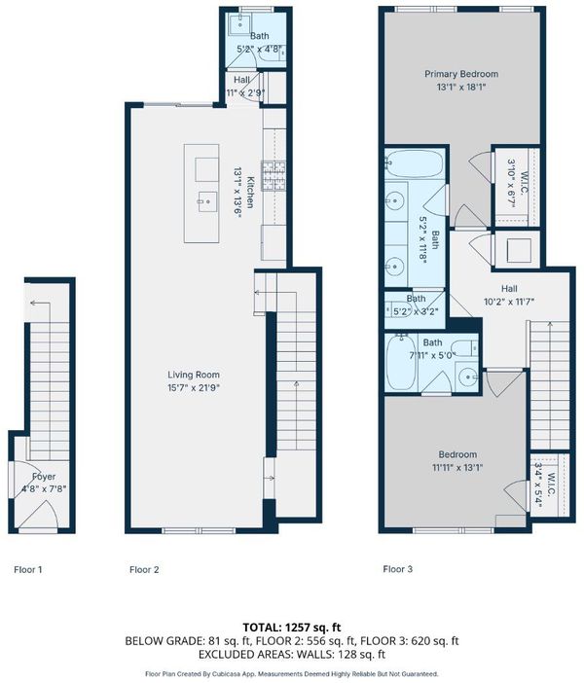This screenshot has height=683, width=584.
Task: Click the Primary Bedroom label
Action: pos(461,74)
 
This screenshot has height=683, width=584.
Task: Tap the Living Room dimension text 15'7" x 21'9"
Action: pos(193,387)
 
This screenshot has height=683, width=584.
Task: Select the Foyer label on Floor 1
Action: pos(44,477)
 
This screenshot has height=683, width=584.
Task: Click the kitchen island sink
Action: pos(207,201)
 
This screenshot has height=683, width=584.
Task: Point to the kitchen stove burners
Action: pos(274,175)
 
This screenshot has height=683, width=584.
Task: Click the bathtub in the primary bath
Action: pos(415,163)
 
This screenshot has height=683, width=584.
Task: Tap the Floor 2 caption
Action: pos(144,569)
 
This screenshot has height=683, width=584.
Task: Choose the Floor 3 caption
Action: pos(397,568)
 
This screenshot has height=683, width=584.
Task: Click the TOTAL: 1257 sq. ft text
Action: pos(292,628)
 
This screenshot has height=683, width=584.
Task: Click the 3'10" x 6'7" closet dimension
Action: pos(511,183)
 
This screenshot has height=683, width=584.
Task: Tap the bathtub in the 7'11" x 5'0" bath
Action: pos(401,363)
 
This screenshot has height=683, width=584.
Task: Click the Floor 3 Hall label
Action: pos(509,288)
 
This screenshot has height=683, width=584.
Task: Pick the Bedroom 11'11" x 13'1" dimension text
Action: pos(457,467)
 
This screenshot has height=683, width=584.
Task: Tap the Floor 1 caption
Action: pos(28,569)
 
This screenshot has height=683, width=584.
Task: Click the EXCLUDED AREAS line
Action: pos(292,654)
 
